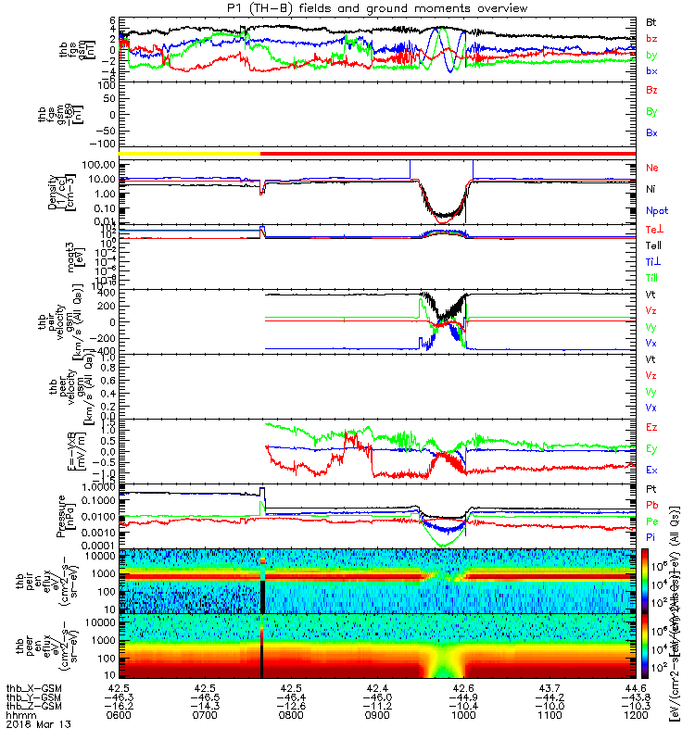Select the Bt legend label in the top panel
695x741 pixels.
[652, 20]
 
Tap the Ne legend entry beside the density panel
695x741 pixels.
[652, 168]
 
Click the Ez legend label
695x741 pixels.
[652, 427]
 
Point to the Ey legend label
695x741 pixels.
[652, 448]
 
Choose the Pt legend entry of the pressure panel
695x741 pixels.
[651, 488]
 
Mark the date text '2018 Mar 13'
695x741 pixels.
[32, 727]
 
